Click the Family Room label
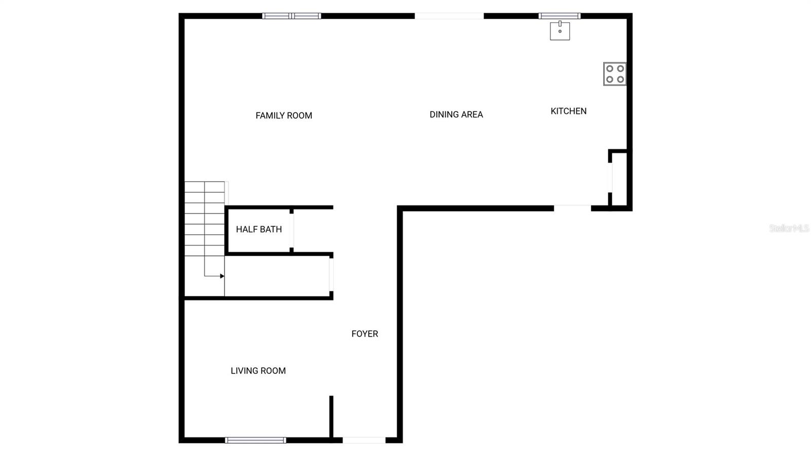[283, 116]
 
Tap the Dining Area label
[456, 115]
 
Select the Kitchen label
[568, 111]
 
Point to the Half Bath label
[259, 229]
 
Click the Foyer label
[364, 334]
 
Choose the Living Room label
[258, 371]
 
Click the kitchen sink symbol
[560, 31]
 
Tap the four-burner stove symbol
[615, 74]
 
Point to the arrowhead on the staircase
[222, 276]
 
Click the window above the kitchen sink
[559, 16]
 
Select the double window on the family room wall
[291, 16]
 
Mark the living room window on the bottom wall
[255, 440]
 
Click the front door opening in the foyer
[364, 440]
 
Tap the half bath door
[291, 229]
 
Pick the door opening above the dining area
[449, 16]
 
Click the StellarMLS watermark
[789, 228]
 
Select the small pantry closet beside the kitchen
[619, 179]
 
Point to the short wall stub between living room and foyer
[331, 416]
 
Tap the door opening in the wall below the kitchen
[572, 208]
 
